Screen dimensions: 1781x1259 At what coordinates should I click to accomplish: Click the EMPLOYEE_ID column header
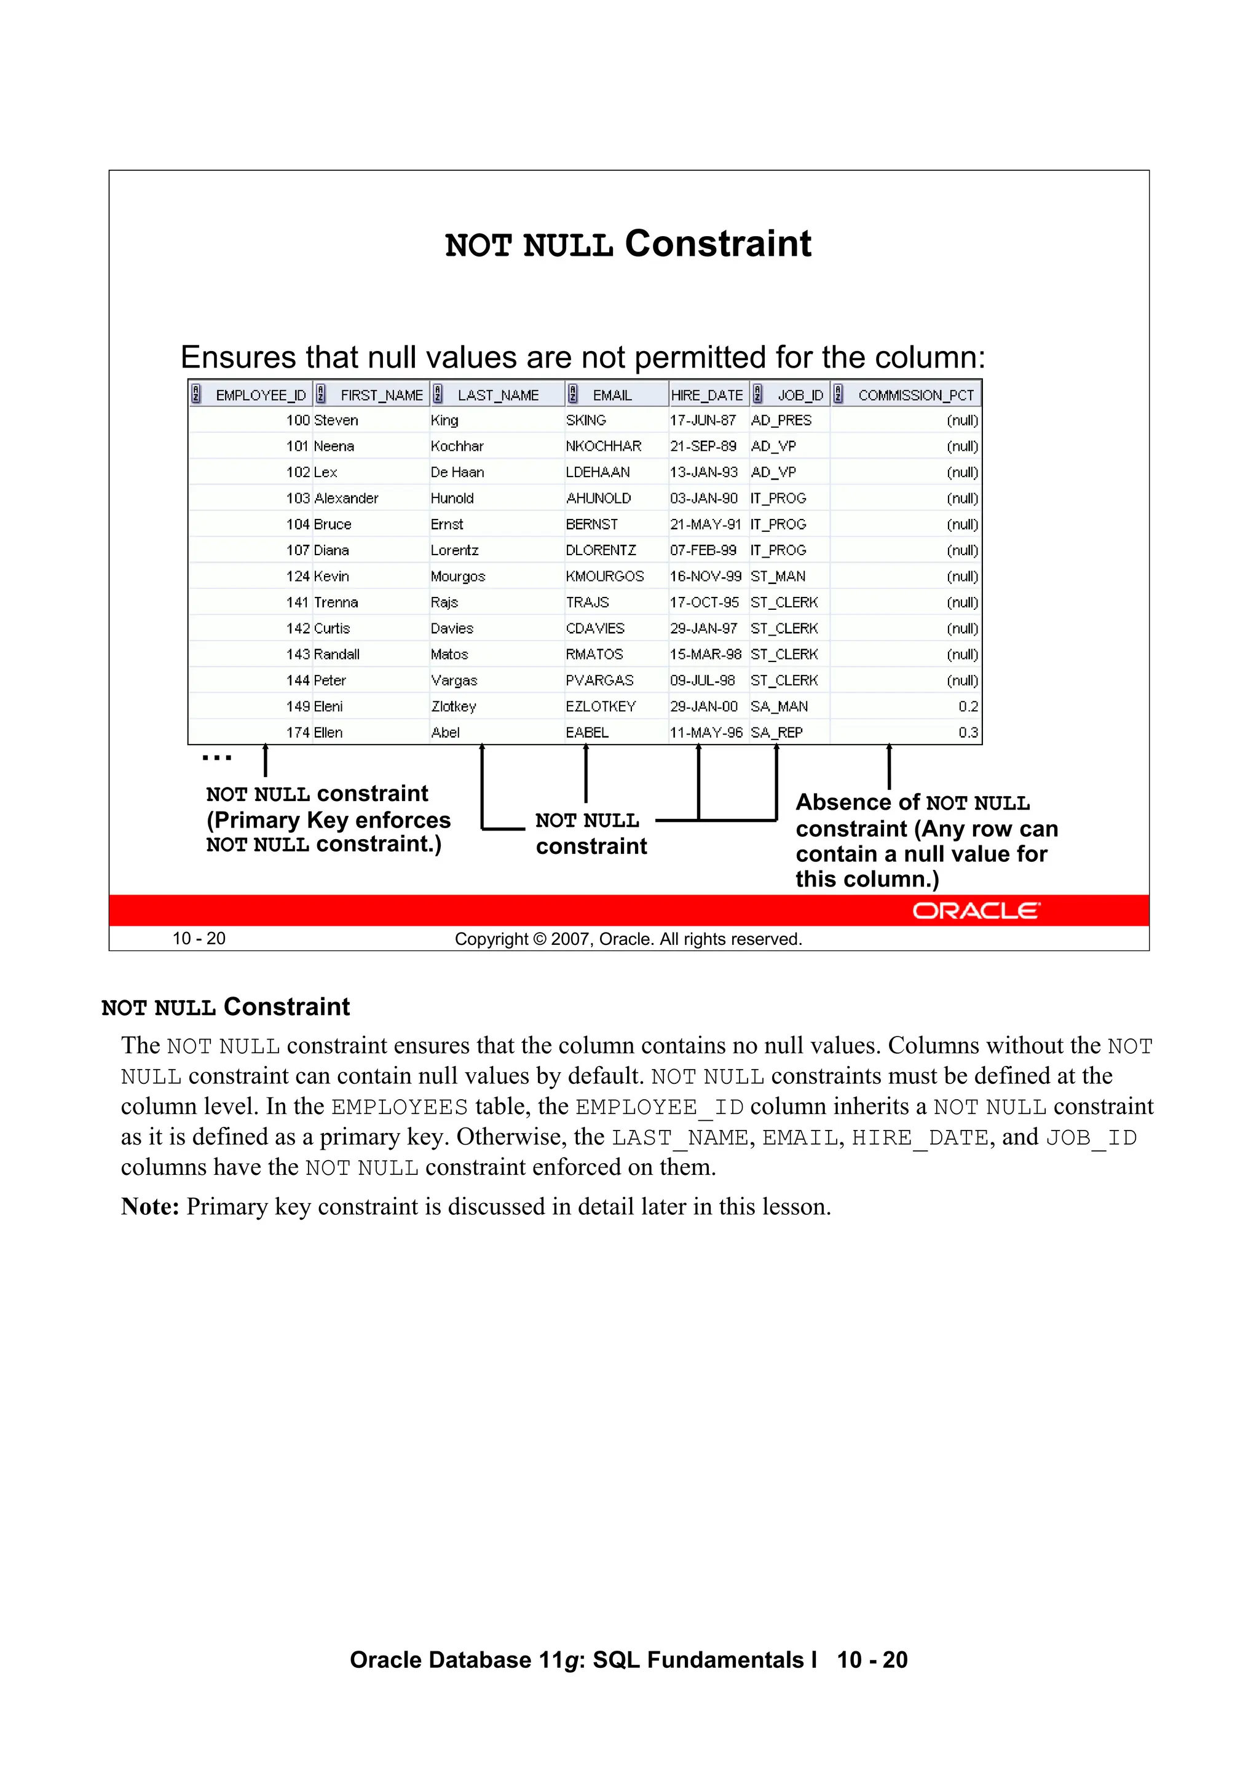coord(260,395)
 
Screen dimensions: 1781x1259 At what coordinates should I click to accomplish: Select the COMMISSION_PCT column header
coord(915,395)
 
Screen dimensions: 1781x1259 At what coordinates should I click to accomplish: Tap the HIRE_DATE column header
coord(707,395)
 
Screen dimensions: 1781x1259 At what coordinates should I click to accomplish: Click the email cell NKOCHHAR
coord(604,446)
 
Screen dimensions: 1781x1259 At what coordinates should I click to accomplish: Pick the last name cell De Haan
coord(457,472)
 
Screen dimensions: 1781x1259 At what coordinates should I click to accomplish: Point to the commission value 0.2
coord(968,706)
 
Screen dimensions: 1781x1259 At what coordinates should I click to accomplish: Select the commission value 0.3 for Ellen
coord(968,732)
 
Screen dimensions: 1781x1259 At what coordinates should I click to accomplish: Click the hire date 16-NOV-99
coord(705,576)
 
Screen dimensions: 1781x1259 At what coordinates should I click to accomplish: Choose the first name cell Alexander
coord(346,498)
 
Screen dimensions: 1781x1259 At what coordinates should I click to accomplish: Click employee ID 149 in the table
coord(298,706)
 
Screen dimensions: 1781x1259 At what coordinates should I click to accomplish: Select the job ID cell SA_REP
coord(776,732)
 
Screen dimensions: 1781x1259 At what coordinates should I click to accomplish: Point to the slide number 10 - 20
coord(199,939)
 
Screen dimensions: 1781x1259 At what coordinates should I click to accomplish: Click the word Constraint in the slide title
coord(717,243)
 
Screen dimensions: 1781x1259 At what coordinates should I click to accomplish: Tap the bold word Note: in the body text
coord(150,1207)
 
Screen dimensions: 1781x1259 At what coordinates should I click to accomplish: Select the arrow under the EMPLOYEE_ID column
coord(266,760)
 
